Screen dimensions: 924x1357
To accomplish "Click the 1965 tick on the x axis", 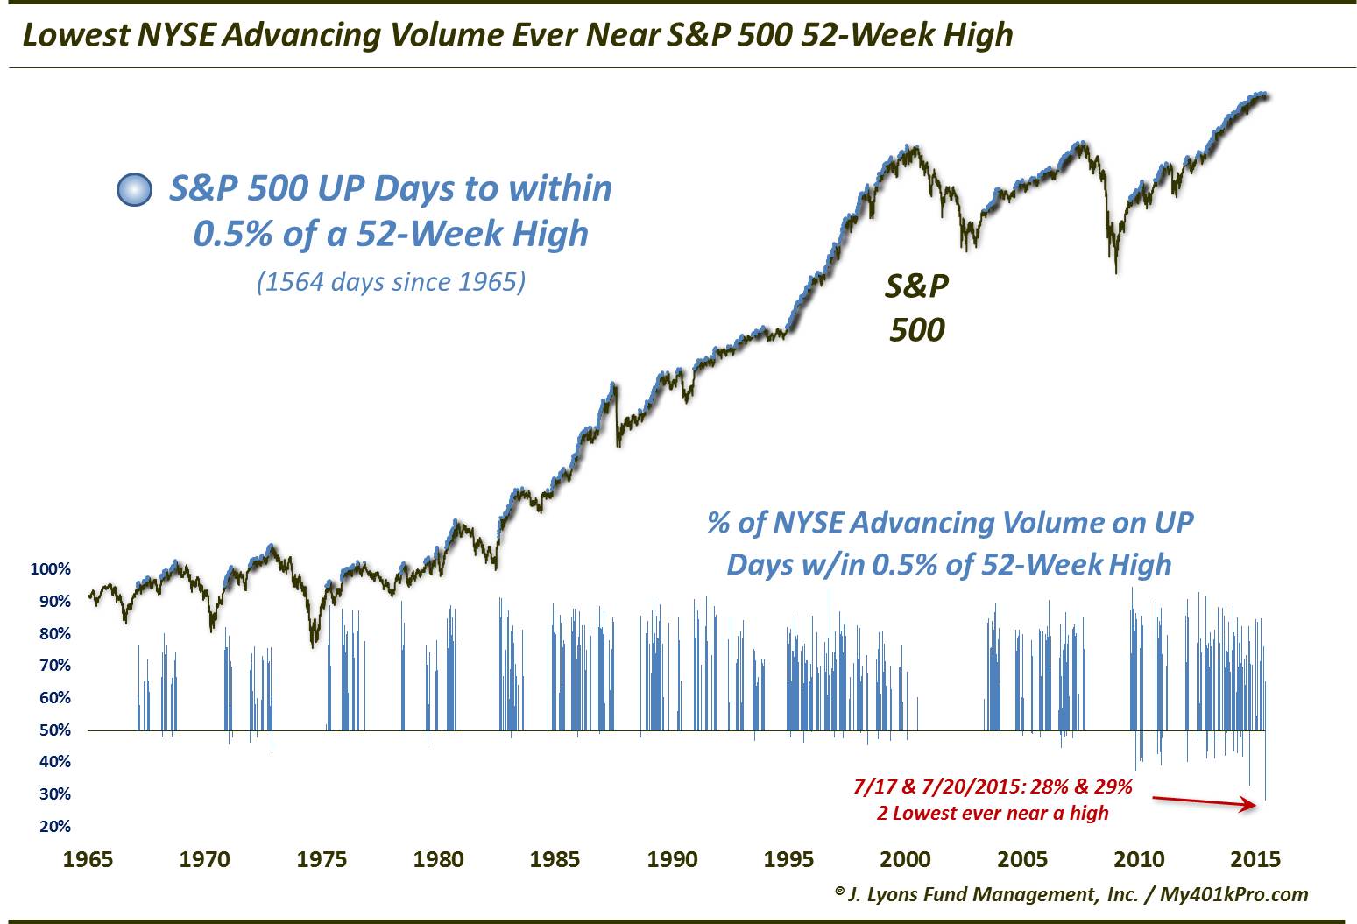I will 88,859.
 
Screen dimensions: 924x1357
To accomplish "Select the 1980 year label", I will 439,859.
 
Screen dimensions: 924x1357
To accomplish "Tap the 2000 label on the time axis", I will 906,859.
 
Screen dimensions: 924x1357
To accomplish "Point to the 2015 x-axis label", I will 1255,859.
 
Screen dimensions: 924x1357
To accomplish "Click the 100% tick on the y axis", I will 50,569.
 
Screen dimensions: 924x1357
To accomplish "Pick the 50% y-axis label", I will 53,730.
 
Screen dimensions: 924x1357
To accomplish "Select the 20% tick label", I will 53,827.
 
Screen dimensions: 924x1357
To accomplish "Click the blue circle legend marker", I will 134,190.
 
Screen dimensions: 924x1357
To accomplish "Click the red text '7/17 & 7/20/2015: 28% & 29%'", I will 993,786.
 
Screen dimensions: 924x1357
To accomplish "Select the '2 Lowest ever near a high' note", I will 993,813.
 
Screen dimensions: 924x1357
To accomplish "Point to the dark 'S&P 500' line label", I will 916,307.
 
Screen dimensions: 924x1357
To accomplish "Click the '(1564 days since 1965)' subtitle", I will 391,283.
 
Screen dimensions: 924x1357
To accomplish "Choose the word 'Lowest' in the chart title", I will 74,34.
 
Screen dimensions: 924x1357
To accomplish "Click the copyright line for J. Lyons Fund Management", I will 1071,894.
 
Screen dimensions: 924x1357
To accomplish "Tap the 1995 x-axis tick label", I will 788,859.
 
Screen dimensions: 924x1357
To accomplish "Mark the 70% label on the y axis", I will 53,666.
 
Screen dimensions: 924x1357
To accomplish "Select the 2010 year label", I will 1139,859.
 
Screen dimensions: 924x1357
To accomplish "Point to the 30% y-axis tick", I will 53,794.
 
